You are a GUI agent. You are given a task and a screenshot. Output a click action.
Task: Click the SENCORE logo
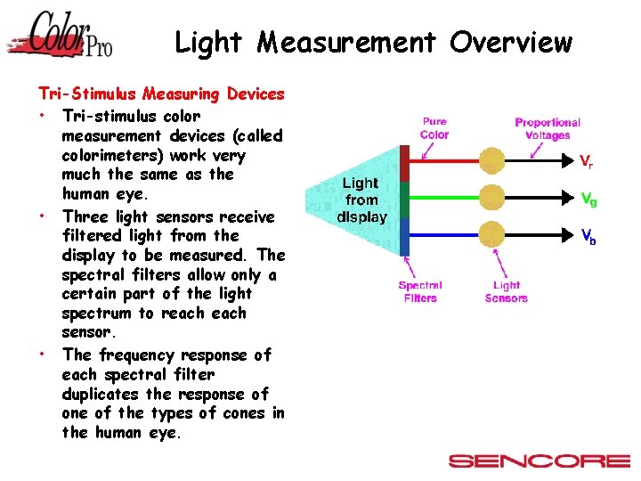pyautogui.click(x=540, y=461)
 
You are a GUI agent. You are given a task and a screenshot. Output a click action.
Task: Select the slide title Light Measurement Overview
pyautogui.click(x=373, y=42)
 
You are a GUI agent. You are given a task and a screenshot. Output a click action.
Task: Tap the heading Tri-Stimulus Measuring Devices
pyautogui.click(x=161, y=94)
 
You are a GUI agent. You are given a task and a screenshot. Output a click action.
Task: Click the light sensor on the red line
pyautogui.click(x=491, y=161)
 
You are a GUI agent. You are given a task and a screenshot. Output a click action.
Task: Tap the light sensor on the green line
pyautogui.click(x=491, y=196)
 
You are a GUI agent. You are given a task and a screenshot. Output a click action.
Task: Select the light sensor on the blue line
pyautogui.click(x=491, y=232)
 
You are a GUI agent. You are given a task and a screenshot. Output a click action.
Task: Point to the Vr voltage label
pyautogui.click(x=587, y=162)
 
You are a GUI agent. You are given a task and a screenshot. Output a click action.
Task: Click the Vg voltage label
pyautogui.click(x=588, y=200)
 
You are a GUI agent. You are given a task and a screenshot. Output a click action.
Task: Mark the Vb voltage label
pyautogui.click(x=588, y=237)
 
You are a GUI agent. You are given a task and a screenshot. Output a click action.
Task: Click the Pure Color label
pyautogui.click(x=434, y=128)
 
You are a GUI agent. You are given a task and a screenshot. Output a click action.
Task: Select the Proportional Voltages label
pyautogui.click(x=548, y=129)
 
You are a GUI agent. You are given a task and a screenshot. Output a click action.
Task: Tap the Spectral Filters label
pyautogui.click(x=420, y=292)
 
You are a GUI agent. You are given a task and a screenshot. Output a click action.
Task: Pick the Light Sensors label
pyautogui.click(x=506, y=292)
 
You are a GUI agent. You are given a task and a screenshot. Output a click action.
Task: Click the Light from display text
pyautogui.click(x=361, y=200)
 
